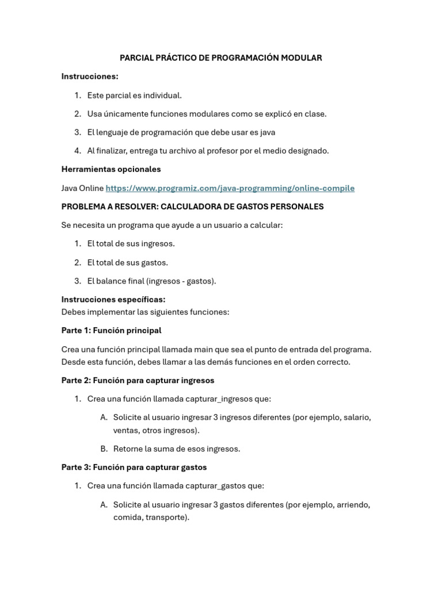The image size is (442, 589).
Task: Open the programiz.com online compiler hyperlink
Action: coord(230,188)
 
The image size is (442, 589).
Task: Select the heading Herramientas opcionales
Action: coord(111,169)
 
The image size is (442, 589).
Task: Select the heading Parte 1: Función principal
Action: coord(111,330)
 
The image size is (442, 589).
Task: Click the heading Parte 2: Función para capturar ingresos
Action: coord(138,380)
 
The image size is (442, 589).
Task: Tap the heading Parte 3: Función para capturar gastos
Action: coord(134,467)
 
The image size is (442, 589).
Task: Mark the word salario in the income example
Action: coord(356,417)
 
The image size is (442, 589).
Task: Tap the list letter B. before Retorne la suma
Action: coord(104,449)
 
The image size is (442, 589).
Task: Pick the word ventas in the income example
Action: coord(125,430)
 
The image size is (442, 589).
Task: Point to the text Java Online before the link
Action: coord(82,188)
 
